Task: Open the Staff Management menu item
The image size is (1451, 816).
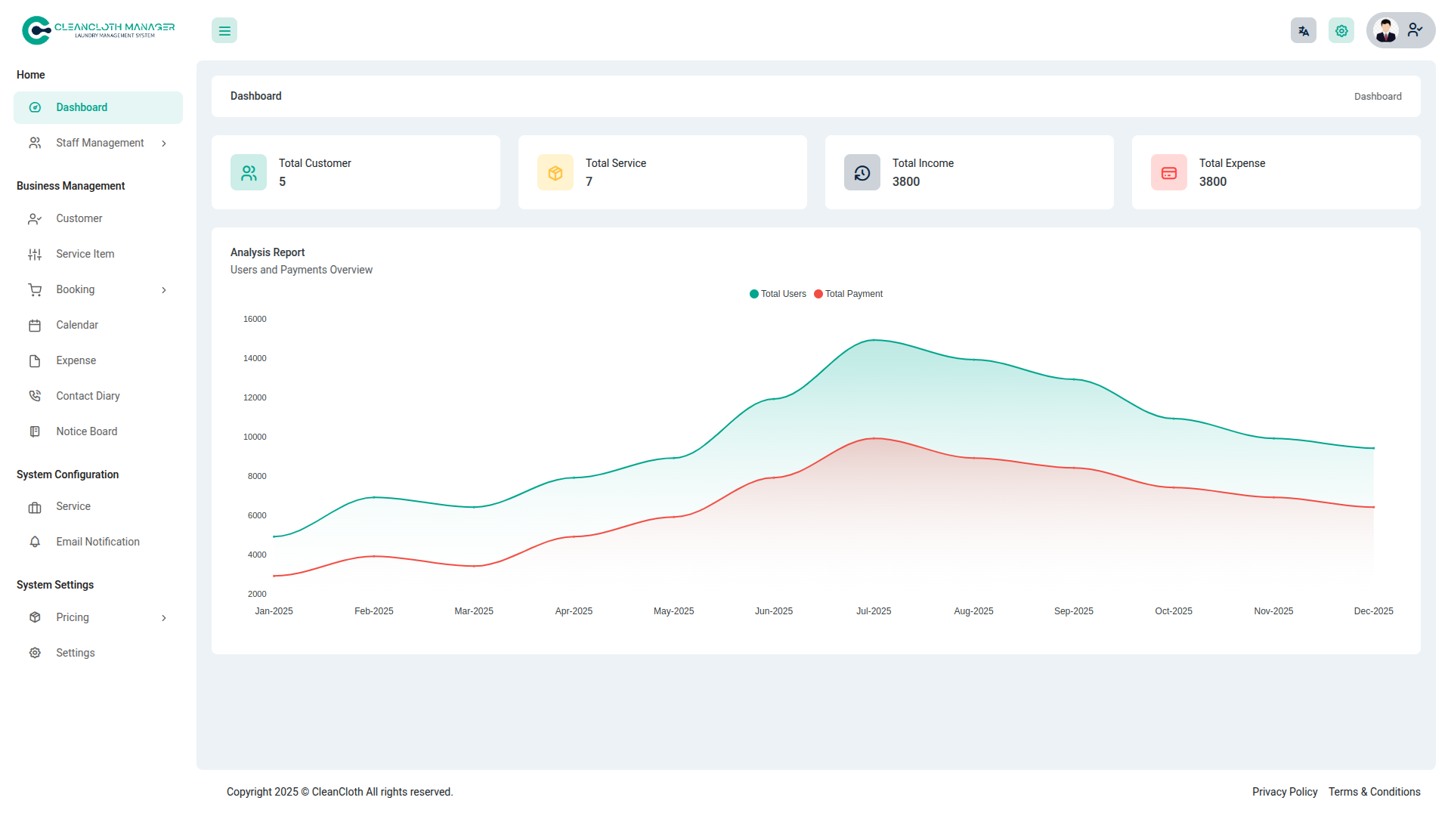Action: coord(99,143)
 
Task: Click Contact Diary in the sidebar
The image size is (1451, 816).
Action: coord(88,396)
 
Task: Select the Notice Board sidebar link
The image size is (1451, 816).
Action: coord(86,431)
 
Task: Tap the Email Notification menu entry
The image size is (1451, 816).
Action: coord(97,542)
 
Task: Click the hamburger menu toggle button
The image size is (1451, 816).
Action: coord(224,31)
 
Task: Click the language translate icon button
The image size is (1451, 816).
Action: coord(1303,31)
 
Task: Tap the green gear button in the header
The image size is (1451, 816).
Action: coord(1341,31)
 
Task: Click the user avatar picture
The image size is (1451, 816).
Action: coord(1386,31)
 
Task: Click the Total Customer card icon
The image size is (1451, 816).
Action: coord(249,173)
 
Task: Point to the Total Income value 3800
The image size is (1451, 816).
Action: coord(905,182)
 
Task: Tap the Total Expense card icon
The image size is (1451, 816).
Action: coord(1168,173)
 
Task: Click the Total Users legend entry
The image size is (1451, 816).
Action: coord(778,294)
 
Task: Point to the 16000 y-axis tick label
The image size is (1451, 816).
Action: coord(255,319)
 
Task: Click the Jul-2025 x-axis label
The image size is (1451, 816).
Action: coord(874,611)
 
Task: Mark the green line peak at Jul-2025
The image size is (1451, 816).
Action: coord(874,340)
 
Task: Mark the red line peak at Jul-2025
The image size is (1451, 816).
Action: coord(874,438)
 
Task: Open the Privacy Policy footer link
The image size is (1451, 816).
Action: coord(1284,792)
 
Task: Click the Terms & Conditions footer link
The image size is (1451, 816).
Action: coord(1374,792)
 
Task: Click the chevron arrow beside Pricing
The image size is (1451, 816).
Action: coord(164,618)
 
